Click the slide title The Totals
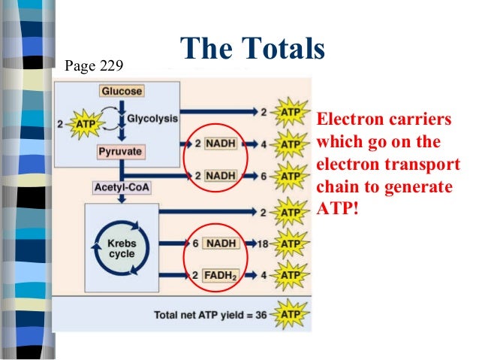[x=252, y=50]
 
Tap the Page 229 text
[x=94, y=65]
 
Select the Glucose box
[x=121, y=92]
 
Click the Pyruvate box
[x=119, y=152]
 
